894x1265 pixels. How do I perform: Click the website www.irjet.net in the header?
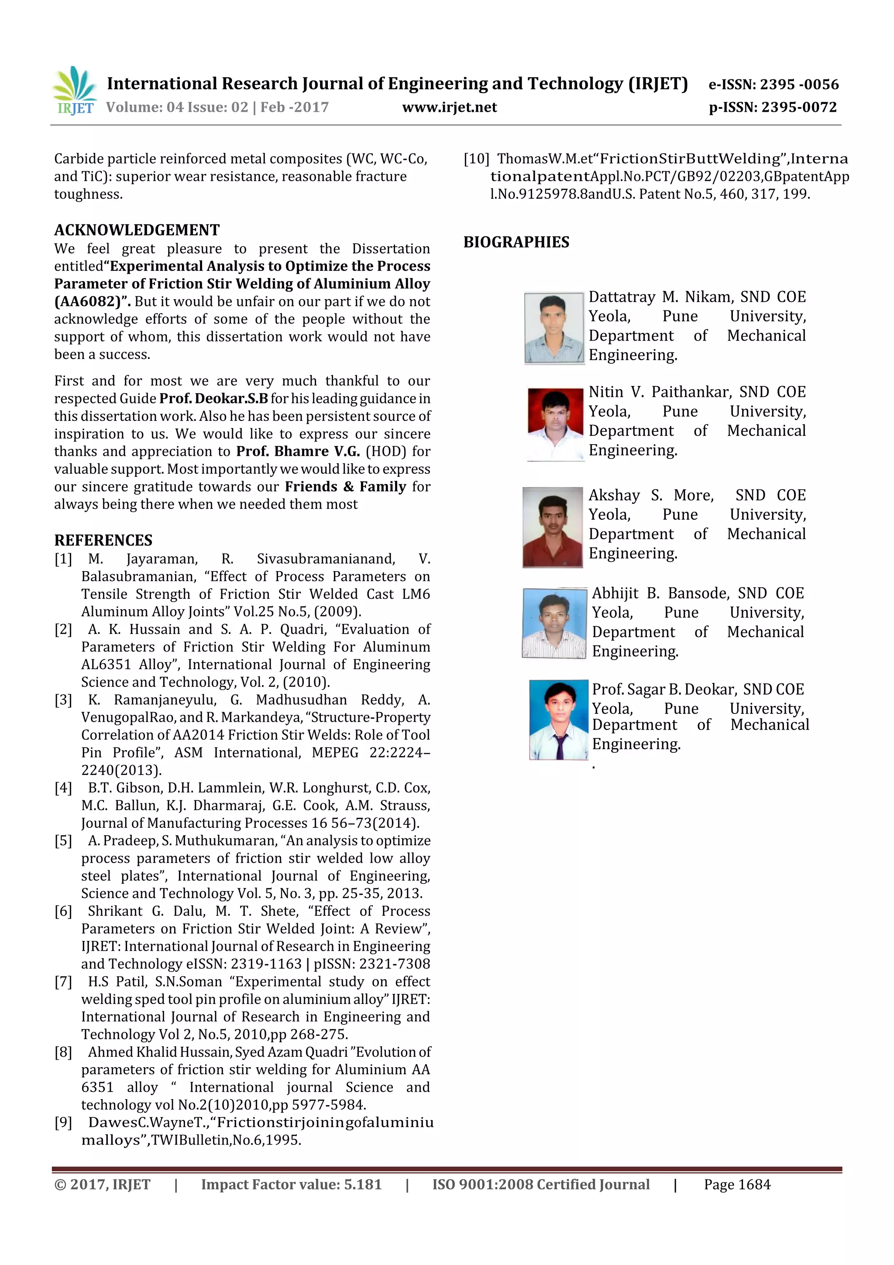(450, 107)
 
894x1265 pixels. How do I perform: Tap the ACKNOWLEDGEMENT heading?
(137, 230)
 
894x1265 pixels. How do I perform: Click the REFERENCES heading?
(103, 540)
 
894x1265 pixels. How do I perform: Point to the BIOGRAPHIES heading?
(516, 242)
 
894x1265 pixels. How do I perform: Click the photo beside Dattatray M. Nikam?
(554, 328)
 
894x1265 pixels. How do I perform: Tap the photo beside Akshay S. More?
(553, 527)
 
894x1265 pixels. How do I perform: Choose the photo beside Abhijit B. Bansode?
(554, 623)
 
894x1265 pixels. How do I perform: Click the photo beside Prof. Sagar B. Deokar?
(559, 720)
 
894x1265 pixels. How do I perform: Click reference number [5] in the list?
(63, 841)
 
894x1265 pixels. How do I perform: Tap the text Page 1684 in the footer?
(737, 1185)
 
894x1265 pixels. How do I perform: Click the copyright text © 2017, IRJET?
(103, 1185)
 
